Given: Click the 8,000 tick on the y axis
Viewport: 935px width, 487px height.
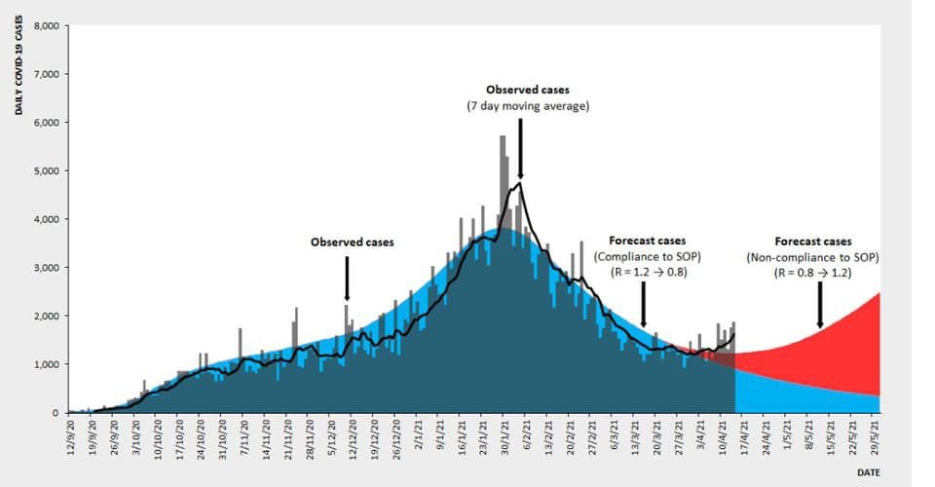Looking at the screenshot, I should tap(47, 26).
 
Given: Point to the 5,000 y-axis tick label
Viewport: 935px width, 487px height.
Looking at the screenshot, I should tap(47, 171).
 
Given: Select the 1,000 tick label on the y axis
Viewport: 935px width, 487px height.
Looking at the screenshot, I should tap(47, 364).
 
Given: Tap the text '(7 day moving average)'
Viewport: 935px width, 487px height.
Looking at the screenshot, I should tap(528, 106).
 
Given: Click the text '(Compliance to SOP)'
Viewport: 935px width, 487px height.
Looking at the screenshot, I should tap(647, 256).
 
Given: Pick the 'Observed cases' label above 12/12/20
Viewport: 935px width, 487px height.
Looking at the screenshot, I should tap(353, 242).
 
